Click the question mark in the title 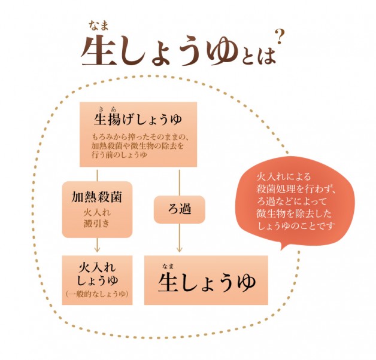279,37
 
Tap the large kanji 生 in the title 99,51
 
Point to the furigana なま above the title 99,26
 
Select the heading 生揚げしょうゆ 138,119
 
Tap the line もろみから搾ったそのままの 141,137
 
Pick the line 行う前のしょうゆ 119,155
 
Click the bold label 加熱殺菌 97,197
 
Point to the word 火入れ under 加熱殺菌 97,212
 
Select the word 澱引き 97,224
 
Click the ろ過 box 180,209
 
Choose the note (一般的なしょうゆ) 97,294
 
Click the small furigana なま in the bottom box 168,266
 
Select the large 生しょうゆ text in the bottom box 207,283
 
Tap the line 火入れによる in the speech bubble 284,177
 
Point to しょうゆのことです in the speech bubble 296,225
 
